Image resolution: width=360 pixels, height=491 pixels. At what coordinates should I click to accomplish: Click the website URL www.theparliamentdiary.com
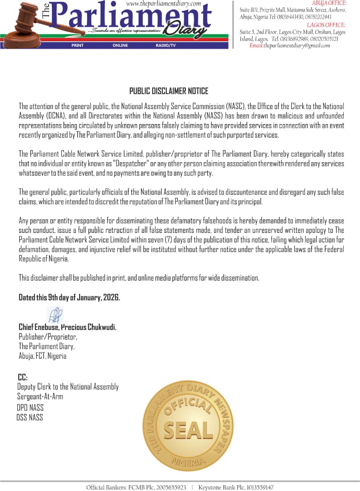163,4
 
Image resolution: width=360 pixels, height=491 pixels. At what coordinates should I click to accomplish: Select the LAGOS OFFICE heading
326,25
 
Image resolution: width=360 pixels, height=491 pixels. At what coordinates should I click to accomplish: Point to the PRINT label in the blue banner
78,45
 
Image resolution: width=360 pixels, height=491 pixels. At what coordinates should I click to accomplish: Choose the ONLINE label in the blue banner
120,45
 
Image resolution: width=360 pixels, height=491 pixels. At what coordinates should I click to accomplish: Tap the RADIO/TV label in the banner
165,45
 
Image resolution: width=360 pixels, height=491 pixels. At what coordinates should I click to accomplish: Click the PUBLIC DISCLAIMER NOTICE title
169,91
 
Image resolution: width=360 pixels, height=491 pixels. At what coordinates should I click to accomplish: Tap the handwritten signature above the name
55,315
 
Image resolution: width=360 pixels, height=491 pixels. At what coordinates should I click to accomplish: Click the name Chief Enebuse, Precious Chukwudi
67,327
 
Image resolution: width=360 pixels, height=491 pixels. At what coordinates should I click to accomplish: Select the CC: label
23,377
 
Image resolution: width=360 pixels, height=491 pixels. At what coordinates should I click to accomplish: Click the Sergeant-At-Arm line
40,396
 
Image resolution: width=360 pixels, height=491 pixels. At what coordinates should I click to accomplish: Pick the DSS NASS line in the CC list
30,417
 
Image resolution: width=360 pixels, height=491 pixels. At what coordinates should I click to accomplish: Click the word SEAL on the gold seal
188,430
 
